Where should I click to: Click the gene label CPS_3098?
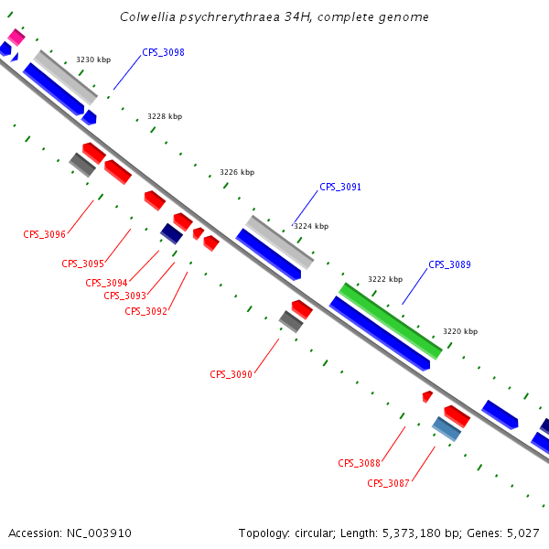pyautogui.click(x=163, y=53)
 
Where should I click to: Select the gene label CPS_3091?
pyautogui.click(x=340, y=187)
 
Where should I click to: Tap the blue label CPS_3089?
pyautogui.click(x=449, y=264)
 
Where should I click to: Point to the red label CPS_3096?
pyautogui.click(x=44, y=234)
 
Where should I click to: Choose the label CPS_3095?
pyautogui.click(x=82, y=264)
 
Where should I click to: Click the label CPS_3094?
pyautogui.click(x=106, y=283)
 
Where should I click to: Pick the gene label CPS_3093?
pyautogui.click(x=124, y=296)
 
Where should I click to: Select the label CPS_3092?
pyautogui.click(x=145, y=311)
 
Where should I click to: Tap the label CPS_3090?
pyautogui.click(x=231, y=374)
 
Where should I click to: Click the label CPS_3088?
pyautogui.click(x=359, y=463)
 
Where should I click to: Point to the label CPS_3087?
pyautogui.click(x=388, y=483)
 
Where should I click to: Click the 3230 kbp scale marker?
pyautogui.click(x=93, y=59)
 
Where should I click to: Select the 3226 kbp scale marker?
pyautogui.click(x=237, y=172)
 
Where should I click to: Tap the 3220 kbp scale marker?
pyautogui.click(x=459, y=331)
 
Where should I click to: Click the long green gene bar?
pyautogui.click(x=391, y=320)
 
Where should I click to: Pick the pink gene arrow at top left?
pyautogui.click(x=16, y=37)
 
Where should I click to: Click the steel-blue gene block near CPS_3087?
pyautogui.click(x=447, y=428)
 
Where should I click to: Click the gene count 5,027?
pyautogui.click(x=522, y=533)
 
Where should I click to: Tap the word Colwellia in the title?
pyautogui.click(x=147, y=17)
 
